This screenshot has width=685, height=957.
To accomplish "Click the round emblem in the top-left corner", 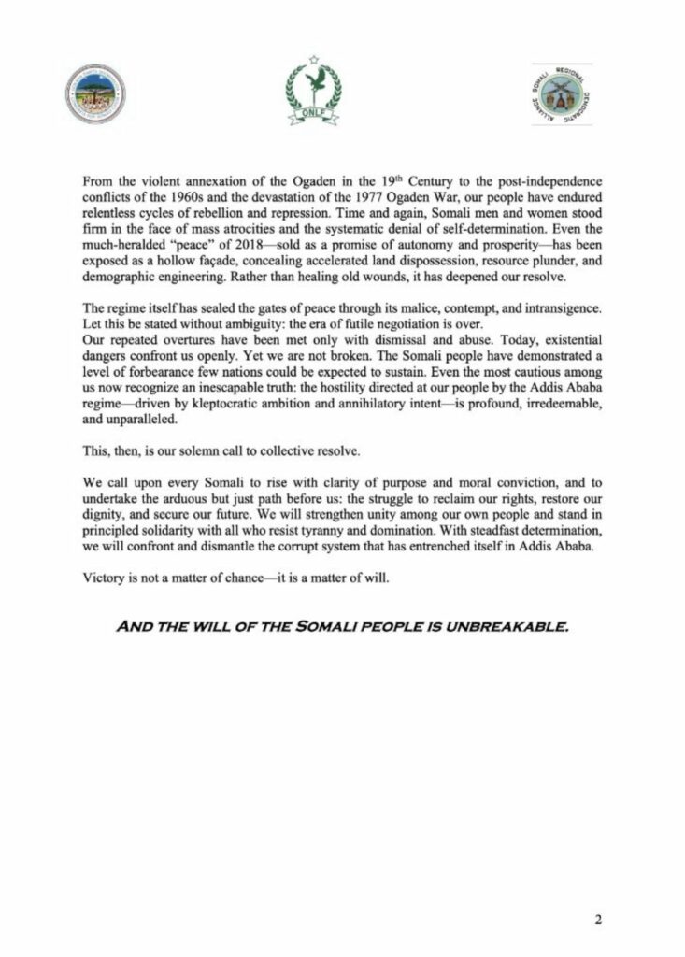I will coord(95,95).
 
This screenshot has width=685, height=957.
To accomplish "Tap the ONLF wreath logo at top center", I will coord(313,90).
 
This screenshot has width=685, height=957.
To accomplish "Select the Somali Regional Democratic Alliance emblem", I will coord(562,93).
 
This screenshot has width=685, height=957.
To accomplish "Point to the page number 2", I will coord(598,919).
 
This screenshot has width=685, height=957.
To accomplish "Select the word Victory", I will coord(104,578).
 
